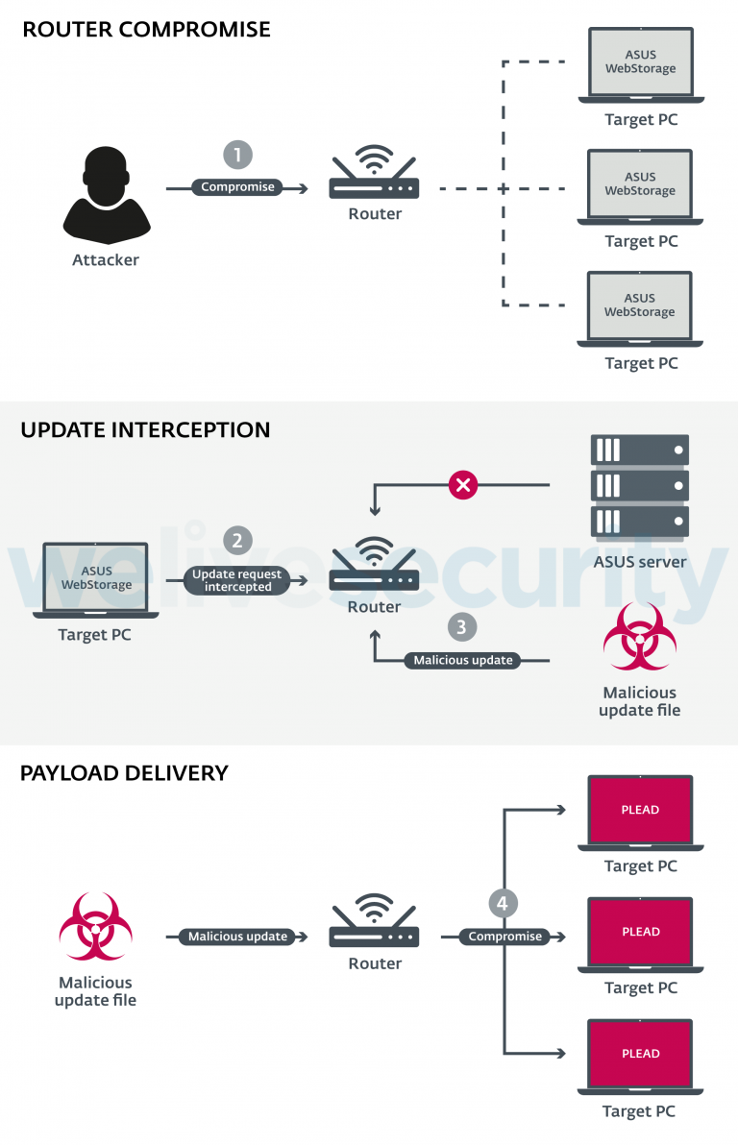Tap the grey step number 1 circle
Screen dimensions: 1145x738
point(237,156)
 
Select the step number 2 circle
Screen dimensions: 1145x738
point(237,540)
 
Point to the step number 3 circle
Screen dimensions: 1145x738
point(462,627)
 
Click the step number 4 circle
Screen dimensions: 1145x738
point(503,903)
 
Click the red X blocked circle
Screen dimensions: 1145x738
point(463,485)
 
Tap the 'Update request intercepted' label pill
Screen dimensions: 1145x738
point(237,580)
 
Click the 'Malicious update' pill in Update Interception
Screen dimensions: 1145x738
point(463,661)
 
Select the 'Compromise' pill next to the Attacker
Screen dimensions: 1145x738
point(237,187)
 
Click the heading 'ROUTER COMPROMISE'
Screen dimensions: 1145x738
point(146,30)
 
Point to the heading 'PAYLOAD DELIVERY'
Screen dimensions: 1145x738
point(124,773)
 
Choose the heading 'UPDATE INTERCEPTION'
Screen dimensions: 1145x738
point(145,429)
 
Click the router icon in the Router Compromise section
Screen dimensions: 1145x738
point(375,174)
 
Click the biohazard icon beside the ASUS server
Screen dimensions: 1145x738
point(640,637)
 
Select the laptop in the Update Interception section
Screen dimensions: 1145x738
point(95,580)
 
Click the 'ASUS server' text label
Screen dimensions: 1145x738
point(640,562)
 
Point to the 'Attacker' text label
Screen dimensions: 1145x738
point(106,260)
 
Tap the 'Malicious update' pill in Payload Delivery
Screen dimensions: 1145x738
point(237,937)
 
